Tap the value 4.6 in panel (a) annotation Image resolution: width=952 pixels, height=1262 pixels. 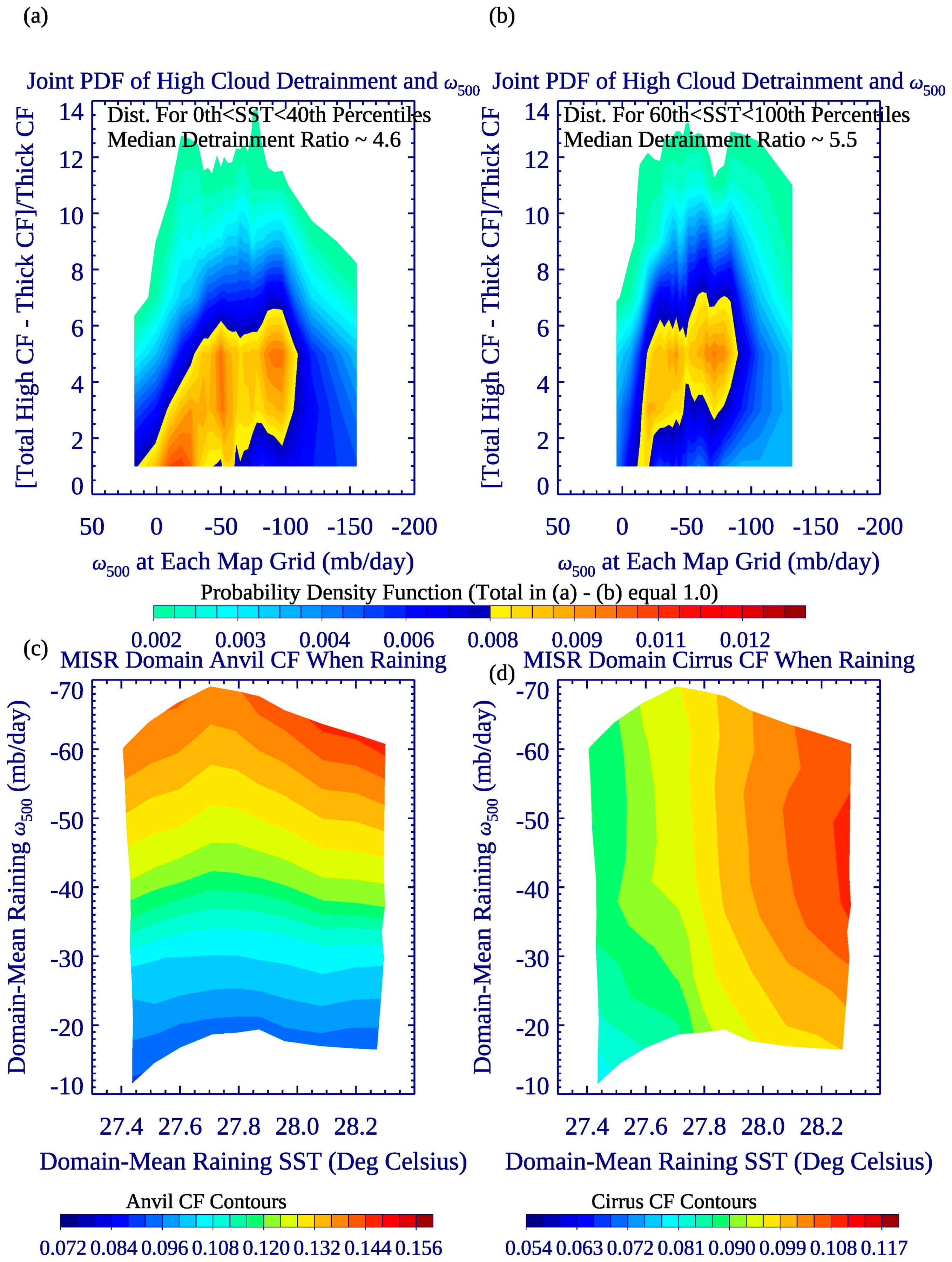pos(387,140)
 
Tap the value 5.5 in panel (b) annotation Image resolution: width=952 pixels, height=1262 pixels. pos(843,140)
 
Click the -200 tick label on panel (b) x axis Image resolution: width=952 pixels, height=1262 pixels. pos(879,526)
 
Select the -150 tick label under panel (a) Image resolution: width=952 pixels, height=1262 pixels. pos(350,526)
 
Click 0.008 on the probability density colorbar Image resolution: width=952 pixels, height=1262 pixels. pos(492,640)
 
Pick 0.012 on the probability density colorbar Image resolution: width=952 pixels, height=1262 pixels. pos(744,640)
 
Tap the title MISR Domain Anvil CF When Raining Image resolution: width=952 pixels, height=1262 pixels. pos(253,660)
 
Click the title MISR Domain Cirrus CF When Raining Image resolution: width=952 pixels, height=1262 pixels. pos(719,660)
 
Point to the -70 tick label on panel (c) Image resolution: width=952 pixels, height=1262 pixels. pos(67,691)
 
